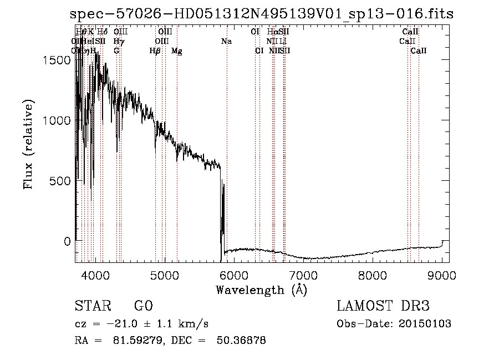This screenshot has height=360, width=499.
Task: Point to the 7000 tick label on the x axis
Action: click(303, 276)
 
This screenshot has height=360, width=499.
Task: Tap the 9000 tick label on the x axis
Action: click(442, 276)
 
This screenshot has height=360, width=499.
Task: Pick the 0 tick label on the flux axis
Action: click(67, 241)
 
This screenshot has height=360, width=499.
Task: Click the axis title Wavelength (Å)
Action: click(261, 290)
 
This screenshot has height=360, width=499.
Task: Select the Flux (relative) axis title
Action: click(28, 144)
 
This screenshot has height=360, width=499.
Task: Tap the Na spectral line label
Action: click(226, 42)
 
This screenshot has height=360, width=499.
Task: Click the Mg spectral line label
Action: click(177, 51)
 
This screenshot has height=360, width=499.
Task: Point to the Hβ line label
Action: click(155, 51)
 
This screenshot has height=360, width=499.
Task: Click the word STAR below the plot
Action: click(90, 306)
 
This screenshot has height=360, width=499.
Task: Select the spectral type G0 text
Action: click(143, 306)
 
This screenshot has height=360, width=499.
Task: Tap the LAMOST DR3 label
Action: click(383, 306)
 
